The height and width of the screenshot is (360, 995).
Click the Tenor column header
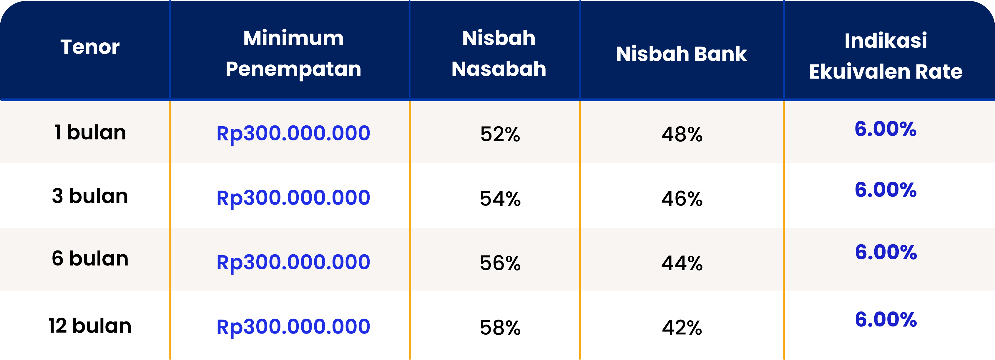[x=90, y=47]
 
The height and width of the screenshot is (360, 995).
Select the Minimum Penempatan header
[x=293, y=54]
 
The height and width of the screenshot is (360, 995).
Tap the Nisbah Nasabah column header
[x=499, y=54]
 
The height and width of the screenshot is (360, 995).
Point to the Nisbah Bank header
[x=681, y=54]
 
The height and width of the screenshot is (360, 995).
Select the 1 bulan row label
[x=90, y=132]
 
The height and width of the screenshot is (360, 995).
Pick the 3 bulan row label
[x=90, y=196]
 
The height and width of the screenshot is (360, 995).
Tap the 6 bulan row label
[x=90, y=258]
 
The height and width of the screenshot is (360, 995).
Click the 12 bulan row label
[x=90, y=326]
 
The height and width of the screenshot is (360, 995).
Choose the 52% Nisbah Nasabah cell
[x=500, y=135]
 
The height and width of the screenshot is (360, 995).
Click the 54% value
[x=500, y=199]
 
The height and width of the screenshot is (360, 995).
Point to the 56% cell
[x=500, y=263]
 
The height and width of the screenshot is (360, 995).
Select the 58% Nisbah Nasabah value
[x=500, y=328]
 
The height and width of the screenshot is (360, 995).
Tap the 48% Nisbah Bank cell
[x=682, y=135]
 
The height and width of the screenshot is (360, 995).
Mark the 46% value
[x=682, y=199]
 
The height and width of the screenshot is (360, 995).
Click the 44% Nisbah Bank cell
[x=682, y=263]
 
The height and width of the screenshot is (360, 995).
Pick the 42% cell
[x=682, y=328]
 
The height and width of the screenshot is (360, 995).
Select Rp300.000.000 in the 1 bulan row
[x=293, y=133]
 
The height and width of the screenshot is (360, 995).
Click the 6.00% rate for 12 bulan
[x=886, y=319]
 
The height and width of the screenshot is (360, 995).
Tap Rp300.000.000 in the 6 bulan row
[x=293, y=262]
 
